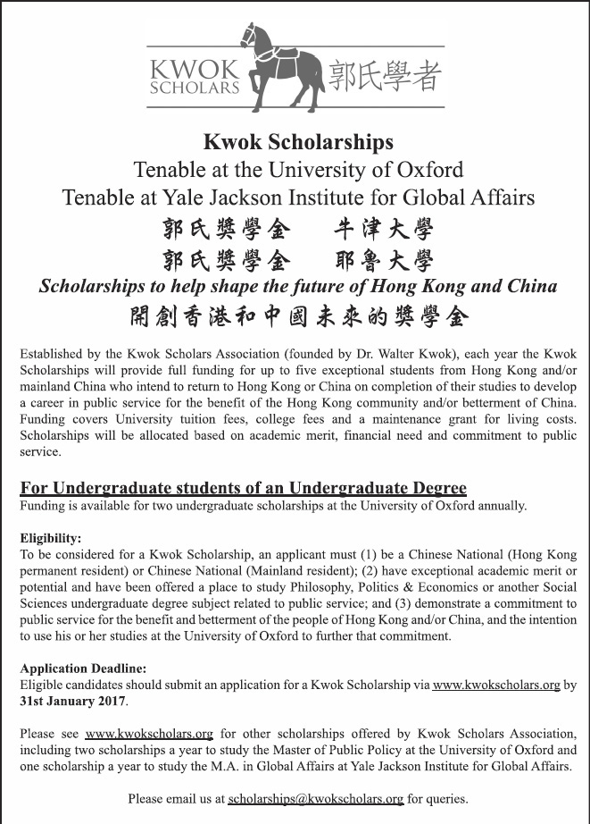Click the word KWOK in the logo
(x=195, y=70)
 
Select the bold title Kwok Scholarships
(x=298, y=141)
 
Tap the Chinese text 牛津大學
(x=384, y=229)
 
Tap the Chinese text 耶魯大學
(x=384, y=260)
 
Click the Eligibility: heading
(x=51, y=538)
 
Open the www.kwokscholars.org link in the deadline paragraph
(x=496, y=685)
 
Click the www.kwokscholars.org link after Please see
(x=149, y=734)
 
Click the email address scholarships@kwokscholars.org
(x=316, y=798)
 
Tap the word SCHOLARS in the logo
(x=195, y=88)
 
